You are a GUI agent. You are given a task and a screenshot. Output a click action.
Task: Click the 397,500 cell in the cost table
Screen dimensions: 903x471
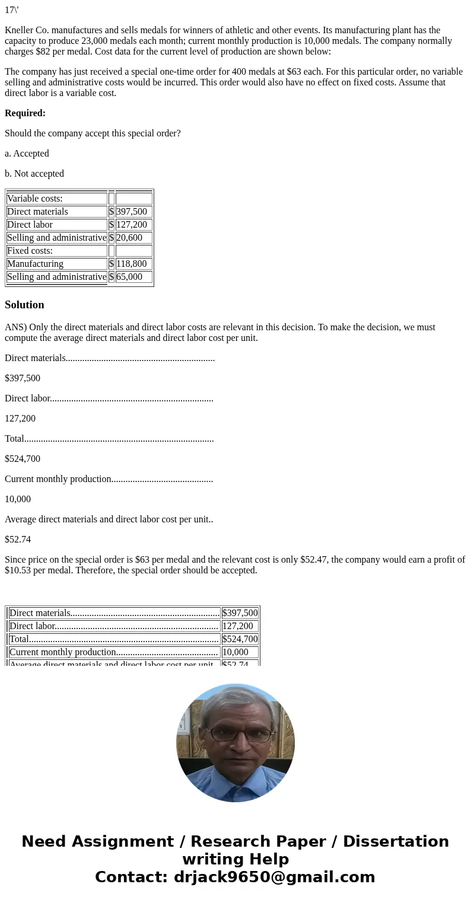click(x=133, y=212)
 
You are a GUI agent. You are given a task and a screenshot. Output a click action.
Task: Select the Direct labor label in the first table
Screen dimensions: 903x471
click(x=30, y=225)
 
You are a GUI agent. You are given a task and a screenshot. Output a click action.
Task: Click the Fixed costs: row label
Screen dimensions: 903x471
click(x=30, y=251)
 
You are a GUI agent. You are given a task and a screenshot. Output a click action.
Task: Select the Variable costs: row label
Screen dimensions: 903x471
click(x=34, y=199)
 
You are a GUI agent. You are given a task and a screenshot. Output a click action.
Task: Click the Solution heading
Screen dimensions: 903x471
click(x=24, y=305)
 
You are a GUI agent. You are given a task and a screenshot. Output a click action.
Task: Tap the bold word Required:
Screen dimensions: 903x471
click(x=25, y=113)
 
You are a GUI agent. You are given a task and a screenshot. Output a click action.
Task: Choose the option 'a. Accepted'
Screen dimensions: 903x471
click(x=27, y=154)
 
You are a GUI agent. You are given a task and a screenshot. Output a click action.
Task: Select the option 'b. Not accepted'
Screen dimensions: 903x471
click(x=34, y=174)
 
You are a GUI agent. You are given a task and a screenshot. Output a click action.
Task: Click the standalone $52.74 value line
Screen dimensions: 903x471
click(x=18, y=540)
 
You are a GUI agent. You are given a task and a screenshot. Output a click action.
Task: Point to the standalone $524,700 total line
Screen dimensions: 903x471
click(x=23, y=459)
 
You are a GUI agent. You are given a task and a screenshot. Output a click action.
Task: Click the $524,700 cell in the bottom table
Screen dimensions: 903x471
click(x=240, y=639)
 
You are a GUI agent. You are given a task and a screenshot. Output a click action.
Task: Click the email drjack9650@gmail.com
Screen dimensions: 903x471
click(x=274, y=877)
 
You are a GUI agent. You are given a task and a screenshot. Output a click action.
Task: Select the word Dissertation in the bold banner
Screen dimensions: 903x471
click(x=396, y=841)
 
